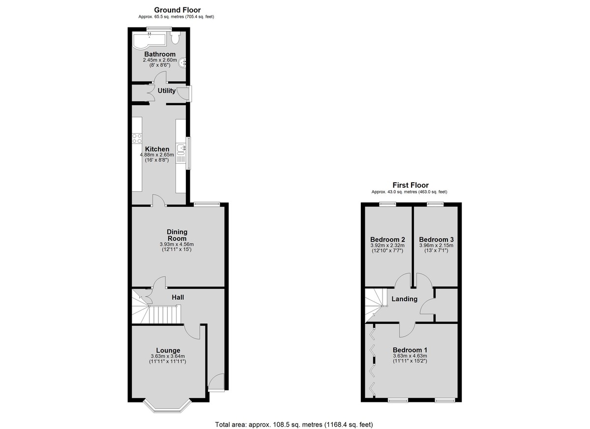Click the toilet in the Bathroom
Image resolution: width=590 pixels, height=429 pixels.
pos(175,38)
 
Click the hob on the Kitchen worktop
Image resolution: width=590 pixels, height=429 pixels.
pos(137,139)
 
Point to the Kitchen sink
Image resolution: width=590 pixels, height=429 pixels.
pos(181,149)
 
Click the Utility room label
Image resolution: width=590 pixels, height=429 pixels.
pos(167,91)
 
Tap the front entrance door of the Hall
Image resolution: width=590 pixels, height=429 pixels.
pos(216,382)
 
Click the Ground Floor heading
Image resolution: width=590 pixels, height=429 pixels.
pos(177,10)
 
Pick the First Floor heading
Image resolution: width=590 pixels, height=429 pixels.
pos(411,185)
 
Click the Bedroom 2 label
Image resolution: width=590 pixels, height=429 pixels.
pos(387,239)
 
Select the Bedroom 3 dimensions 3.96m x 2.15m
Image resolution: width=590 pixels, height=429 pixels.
pos(437,245)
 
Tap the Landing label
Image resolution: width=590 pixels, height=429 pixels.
pos(404,299)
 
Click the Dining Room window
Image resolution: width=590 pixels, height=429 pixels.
pos(207,203)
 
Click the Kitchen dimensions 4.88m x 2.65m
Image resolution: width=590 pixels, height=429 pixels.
pos(157,155)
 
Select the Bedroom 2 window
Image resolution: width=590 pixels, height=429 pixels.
pos(388,203)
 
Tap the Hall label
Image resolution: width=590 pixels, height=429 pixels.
pos(178,297)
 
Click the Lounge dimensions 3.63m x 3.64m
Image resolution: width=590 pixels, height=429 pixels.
pos(168,356)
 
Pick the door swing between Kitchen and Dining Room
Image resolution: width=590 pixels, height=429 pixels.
pos(158,200)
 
